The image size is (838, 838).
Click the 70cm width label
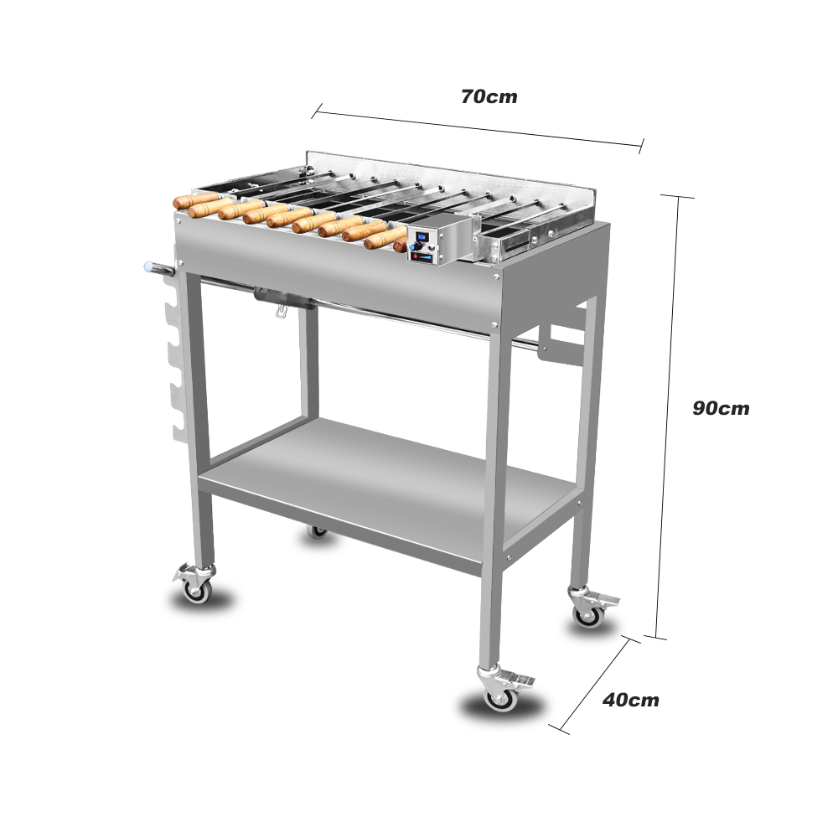coord(489,96)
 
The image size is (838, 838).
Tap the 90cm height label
coord(721,408)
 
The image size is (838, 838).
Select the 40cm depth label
coord(631,700)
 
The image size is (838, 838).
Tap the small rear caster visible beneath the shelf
coord(318,532)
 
